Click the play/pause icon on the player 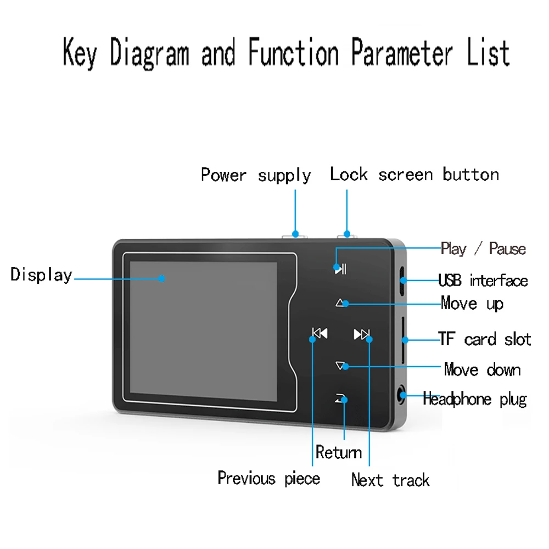[x=340, y=269]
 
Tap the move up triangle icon [x=341, y=302]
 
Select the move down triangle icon [x=341, y=365]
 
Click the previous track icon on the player [x=319, y=333]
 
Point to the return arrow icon [x=341, y=399]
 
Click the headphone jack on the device [x=403, y=395]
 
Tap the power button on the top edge [x=294, y=236]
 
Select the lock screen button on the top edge [x=347, y=236]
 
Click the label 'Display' [x=41, y=274]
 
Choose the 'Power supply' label [x=256, y=175]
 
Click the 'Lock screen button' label [x=414, y=175]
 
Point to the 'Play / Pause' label [x=483, y=249]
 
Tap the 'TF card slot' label [x=485, y=339]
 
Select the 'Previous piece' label [x=268, y=478]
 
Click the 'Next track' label [x=390, y=480]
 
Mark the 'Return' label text [x=339, y=452]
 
